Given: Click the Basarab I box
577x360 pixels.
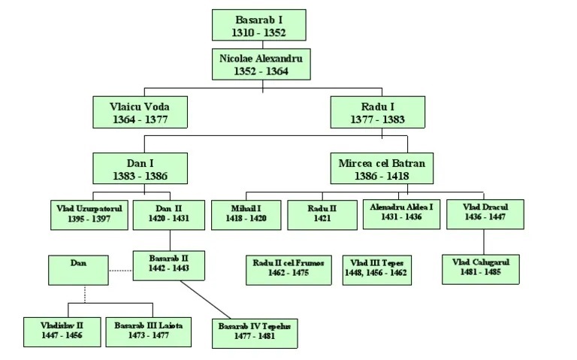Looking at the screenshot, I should click(x=259, y=24).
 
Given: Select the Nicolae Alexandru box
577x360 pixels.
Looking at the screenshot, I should click(x=259, y=64).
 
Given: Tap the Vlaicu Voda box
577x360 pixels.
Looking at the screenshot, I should click(x=140, y=112).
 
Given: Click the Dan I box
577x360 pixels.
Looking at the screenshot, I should click(x=140, y=168).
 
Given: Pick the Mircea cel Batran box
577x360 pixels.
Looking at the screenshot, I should click(x=382, y=168).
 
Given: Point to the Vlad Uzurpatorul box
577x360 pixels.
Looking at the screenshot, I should click(x=89, y=213).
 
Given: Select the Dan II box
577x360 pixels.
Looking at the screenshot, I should click(x=168, y=213).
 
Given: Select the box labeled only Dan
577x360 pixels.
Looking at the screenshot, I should click(x=78, y=269).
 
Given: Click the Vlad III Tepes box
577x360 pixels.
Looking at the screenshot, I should click(x=377, y=269).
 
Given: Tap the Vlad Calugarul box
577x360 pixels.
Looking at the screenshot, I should click(x=481, y=269).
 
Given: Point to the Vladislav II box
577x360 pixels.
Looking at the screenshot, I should click(x=62, y=331).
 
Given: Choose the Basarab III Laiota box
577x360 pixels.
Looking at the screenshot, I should click(x=147, y=331).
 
